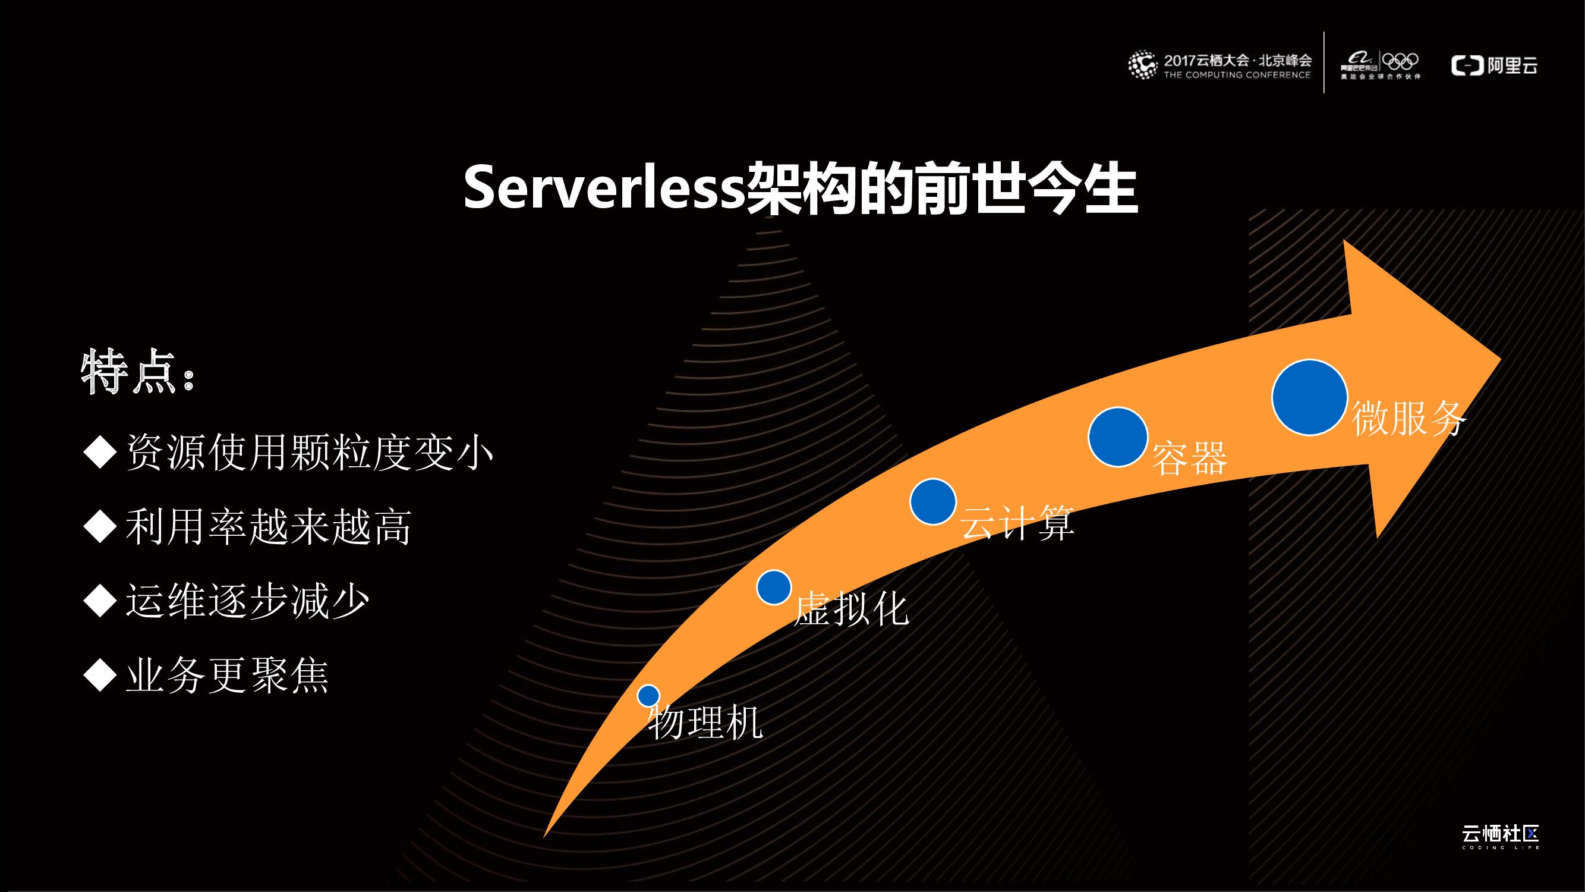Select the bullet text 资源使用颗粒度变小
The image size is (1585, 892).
coord(309,453)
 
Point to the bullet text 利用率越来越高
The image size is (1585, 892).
coord(268,527)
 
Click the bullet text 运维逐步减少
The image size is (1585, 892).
coord(247,601)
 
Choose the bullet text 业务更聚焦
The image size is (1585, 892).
coord(227,675)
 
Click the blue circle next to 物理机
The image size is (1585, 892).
coord(648,696)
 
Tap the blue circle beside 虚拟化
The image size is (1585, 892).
coord(773,587)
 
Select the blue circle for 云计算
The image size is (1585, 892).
coord(933,502)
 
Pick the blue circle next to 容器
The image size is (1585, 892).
coord(1117,437)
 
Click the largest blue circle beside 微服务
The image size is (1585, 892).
coord(1309,398)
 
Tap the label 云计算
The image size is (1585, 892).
coord(1017,524)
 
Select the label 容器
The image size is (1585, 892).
coord(1189,458)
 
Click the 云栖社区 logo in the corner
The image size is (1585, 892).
coord(1500,836)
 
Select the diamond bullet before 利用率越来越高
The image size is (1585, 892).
coord(100,527)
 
